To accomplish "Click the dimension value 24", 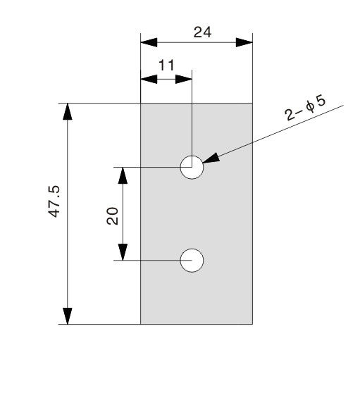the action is (202, 32).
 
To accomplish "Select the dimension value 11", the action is (166, 65).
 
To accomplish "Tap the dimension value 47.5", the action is (54, 201).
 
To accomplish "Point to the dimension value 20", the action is (112, 216).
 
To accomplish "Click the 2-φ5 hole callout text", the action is (305, 108).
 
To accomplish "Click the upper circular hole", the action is (192, 156).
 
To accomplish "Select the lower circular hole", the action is (192, 249).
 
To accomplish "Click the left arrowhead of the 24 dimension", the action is (149, 42).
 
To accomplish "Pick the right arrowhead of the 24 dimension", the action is (244, 42).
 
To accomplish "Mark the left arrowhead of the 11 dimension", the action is (149, 79).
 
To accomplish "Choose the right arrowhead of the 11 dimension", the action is (183, 79).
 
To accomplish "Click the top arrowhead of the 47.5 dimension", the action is (68, 111).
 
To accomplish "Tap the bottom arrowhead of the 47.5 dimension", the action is (68, 316).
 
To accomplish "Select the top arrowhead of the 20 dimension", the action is (123, 175).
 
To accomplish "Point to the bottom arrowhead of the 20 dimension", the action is (123, 252).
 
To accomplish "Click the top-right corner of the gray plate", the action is (252, 104).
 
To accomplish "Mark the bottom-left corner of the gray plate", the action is (141, 324).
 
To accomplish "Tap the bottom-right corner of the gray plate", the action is (252, 324).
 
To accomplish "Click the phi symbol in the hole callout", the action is (310, 107).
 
